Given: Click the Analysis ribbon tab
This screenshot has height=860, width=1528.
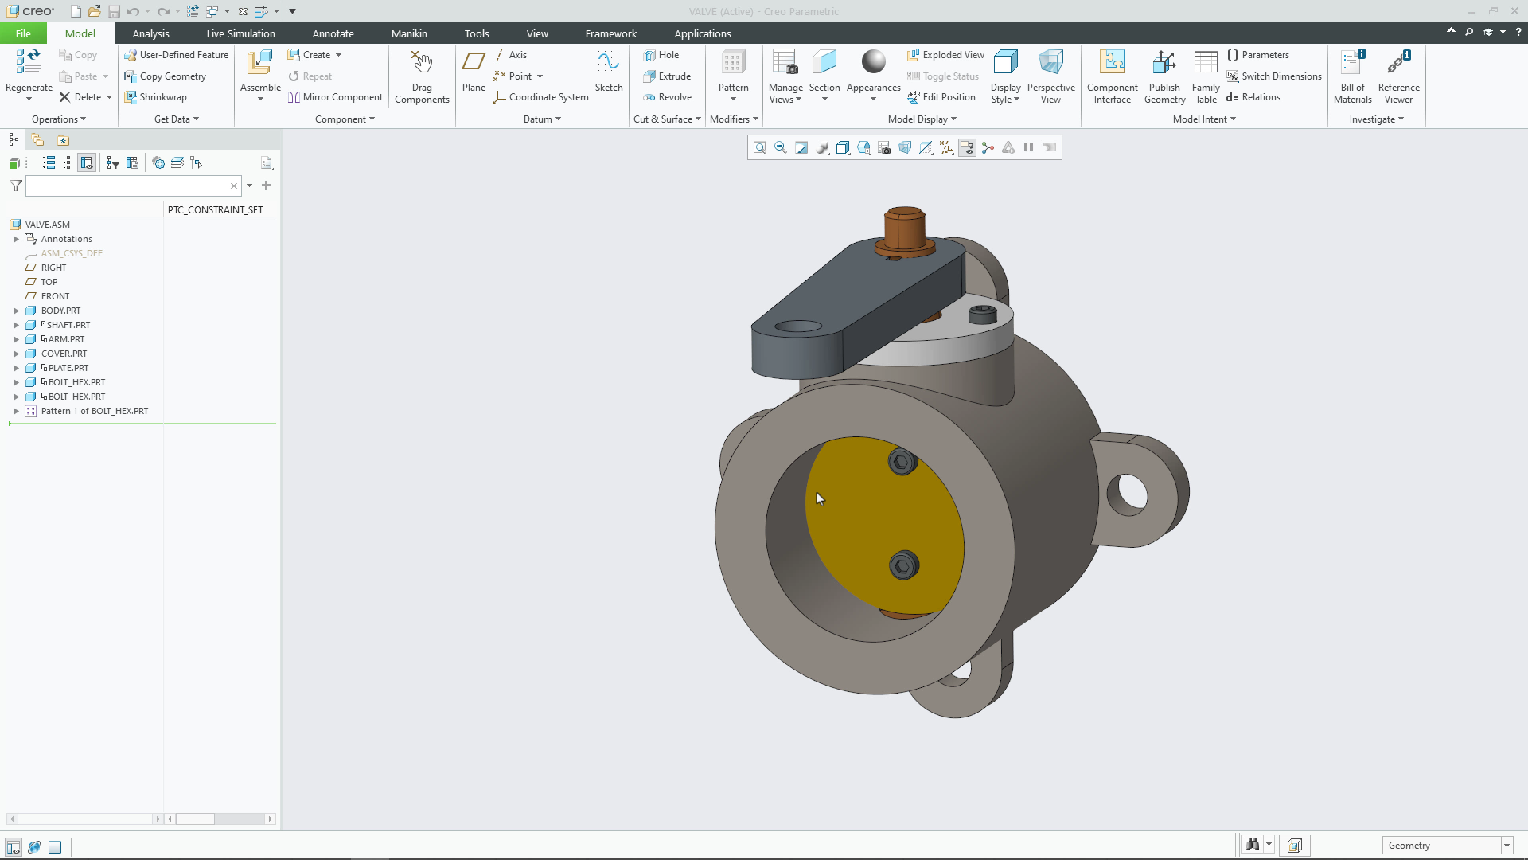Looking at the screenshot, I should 150,33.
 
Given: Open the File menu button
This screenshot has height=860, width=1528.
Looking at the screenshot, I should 23,33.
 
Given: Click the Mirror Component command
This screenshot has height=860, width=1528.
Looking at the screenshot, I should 335,97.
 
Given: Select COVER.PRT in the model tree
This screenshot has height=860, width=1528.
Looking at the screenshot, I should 64,354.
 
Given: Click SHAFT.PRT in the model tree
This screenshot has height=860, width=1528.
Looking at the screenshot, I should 68,325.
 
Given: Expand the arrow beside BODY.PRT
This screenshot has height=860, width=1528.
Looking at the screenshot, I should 16,311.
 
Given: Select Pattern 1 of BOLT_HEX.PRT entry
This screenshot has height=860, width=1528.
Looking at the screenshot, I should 94,411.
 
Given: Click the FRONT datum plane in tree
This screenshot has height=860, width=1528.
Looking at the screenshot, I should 55,296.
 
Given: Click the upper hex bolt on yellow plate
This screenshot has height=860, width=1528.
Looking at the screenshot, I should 902,462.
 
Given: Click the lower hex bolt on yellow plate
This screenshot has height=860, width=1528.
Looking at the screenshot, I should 903,565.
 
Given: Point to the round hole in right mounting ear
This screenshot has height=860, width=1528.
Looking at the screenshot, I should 1127,494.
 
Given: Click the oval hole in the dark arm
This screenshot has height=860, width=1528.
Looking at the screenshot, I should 798,326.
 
